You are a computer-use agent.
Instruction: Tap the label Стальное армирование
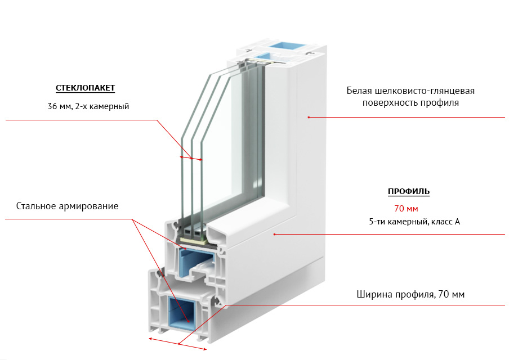[x=68, y=206]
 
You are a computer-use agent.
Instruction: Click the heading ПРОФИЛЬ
[x=409, y=192]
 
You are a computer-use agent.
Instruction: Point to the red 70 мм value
[x=408, y=208]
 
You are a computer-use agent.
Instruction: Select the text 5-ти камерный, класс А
[x=414, y=222]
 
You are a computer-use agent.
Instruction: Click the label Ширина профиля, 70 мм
[x=410, y=294]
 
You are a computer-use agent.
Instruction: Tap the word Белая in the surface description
[x=359, y=91]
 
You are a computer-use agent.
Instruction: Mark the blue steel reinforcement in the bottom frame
[x=182, y=314]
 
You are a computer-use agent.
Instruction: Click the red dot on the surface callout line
[x=309, y=117]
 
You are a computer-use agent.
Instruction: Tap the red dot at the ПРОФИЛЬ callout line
[x=275, y=234]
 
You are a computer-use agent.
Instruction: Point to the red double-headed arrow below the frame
[x=177, y=344]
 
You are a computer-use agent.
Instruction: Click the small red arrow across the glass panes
[x=191, y=159]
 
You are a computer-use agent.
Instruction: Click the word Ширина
[x=373, y=294]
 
